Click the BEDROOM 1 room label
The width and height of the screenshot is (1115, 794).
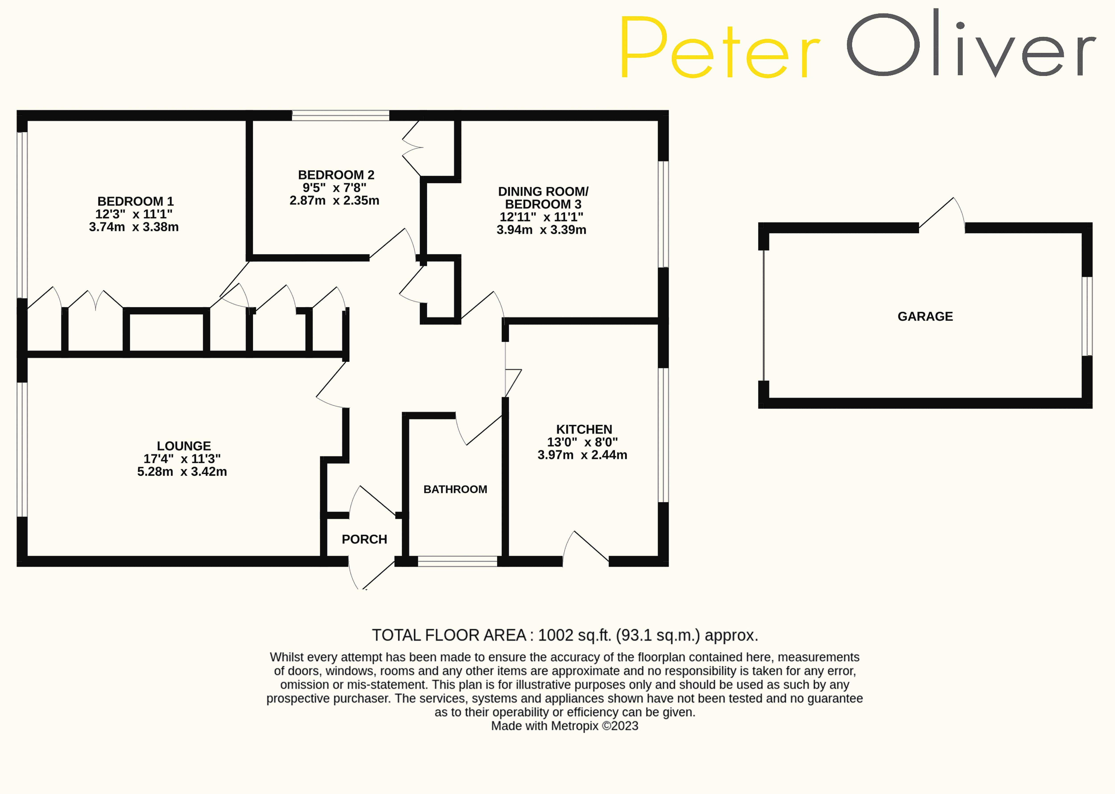136,201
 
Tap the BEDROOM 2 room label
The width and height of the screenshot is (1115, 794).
336,175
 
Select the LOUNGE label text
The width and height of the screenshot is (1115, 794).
184,446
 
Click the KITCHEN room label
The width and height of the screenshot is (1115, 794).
584,429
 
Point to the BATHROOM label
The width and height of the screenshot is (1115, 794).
455,489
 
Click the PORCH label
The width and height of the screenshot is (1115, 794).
364,539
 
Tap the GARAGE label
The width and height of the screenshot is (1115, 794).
925,316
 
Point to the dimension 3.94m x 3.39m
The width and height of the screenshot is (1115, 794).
541,230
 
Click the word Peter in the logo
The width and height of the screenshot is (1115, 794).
719,47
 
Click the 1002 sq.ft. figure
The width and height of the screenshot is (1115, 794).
574,635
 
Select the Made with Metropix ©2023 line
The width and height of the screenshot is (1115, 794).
565,726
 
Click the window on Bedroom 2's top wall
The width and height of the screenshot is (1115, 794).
341,115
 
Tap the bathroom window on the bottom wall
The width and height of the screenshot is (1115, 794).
457,561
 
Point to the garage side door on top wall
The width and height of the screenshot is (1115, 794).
942,215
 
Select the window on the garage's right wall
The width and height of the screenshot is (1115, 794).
1087,316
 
